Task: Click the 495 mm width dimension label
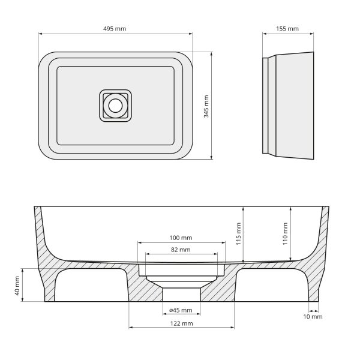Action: coord(115,29)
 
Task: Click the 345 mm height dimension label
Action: coord(206,106)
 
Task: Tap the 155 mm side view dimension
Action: coord(289,29)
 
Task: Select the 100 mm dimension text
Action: coord(181,238)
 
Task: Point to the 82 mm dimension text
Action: coord(181,250)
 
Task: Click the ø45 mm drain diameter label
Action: coord(181,310)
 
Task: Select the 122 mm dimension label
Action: coord(181,323)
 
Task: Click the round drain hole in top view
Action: coord(115,106)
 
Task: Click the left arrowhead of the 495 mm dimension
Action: coord(40,35)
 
